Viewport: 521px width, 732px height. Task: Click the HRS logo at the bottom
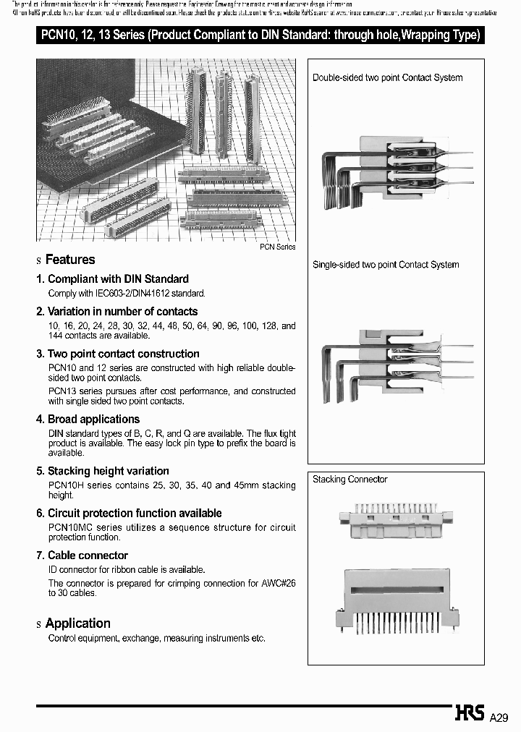pyautogui.click(x=470, y=714)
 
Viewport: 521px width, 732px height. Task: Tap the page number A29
pyautogui.click(x=500, y=718)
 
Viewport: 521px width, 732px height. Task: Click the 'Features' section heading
pyautogui.click(x=69, y=260)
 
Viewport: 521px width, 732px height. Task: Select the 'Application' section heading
pyautogui.click(x=77, y=624)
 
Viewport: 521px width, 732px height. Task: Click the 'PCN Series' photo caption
pyautogui.click(x=278, y=247)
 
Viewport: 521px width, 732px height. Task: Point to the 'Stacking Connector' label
pyautogui.click(x=350, y=480)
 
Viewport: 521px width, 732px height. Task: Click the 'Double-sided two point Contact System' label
pyautogui.click(x=387, y=77)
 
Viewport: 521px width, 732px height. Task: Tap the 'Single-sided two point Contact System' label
pyautogui.click(x=386, y=265)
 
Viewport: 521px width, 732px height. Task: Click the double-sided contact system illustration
pyautogui.click(x=395, y=171)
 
